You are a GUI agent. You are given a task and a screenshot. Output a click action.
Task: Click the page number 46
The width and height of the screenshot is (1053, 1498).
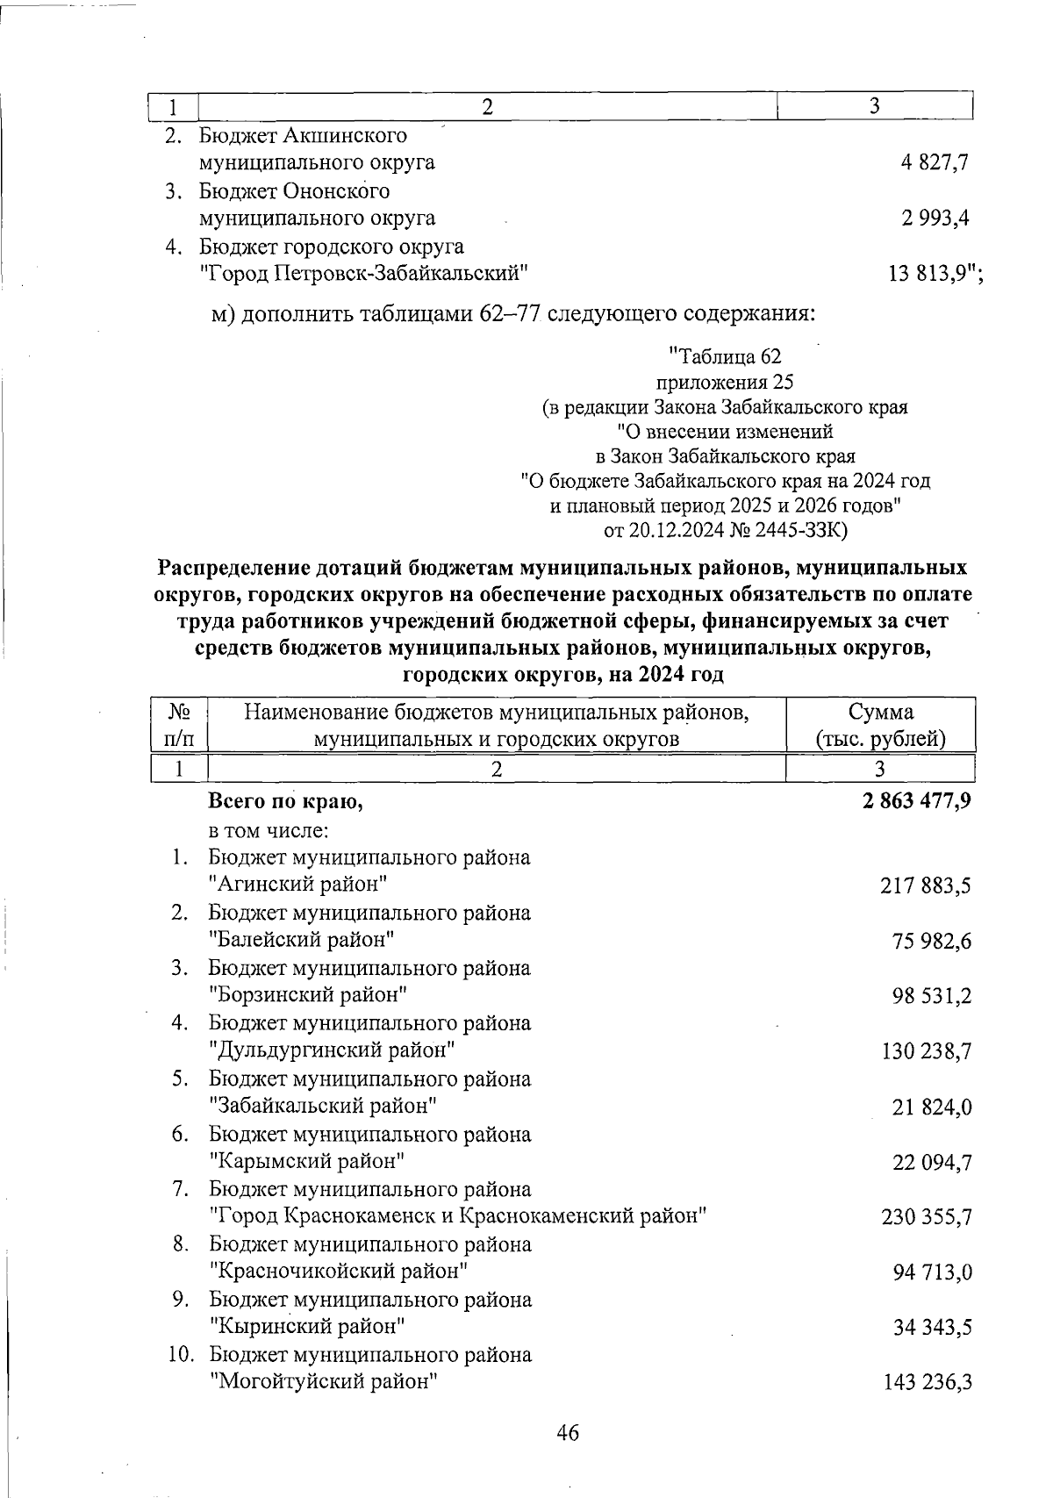[568, 1433]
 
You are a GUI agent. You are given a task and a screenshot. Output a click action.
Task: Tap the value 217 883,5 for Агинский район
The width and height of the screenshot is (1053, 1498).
[925, 886]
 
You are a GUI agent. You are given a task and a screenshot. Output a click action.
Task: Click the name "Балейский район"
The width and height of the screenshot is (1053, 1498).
[302, 940]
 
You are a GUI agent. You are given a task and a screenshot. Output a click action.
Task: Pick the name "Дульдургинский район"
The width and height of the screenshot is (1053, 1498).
[333, 1050]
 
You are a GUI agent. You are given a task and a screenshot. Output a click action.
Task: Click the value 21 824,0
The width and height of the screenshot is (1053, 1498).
[932, 1107]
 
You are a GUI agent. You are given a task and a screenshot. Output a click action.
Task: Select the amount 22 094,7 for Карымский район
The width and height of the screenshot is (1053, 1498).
[932, 1163]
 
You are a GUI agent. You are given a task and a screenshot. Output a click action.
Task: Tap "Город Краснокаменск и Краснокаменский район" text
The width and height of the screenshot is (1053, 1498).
[459, 1216]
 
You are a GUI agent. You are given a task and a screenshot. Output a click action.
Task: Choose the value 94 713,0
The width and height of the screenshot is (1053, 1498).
[932, 1272]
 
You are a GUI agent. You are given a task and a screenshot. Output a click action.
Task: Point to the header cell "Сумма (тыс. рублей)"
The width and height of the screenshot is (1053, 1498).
[880, 725]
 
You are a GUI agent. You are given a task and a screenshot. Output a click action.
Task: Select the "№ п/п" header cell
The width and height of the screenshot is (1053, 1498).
[178, 725]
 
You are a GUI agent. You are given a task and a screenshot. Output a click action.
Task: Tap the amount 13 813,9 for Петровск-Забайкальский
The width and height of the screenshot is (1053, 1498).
[930, 274]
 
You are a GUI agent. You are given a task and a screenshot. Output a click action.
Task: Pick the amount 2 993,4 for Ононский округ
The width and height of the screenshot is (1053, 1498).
[934, 219]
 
